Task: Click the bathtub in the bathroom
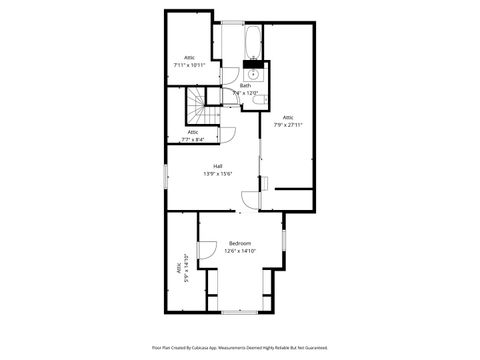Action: pyautogui.click(x=252, y=43)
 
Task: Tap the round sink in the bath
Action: pyautogui.click(x=253, y=73)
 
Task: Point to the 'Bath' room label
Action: pyautogui.click(x=245, y=85)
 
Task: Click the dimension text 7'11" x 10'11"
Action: pyautogui.click(x=188, y=65)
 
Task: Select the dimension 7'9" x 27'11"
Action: pyautogui.click(x=288, y=125)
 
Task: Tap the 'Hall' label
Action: pyautogui.click(x=217, y=166)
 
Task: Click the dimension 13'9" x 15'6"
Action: pyautogui.click(x=217, y=174)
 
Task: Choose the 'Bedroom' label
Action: pyautogui.click(x=241, y=244)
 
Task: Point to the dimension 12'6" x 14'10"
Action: pyautogui.click(x=241, y=252)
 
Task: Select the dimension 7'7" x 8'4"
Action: pyautogui.click(x=192, y=140)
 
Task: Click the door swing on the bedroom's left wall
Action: pyautogui.click(x=207, y=253)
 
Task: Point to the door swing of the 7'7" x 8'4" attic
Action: pyautogui.click(x=227, y=137)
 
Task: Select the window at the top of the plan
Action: pyautogui.click(x=231, y=22)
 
